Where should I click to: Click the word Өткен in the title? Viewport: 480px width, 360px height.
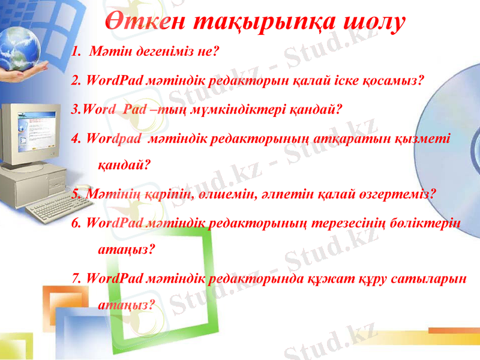pyautogui.click(x=146, y=22)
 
